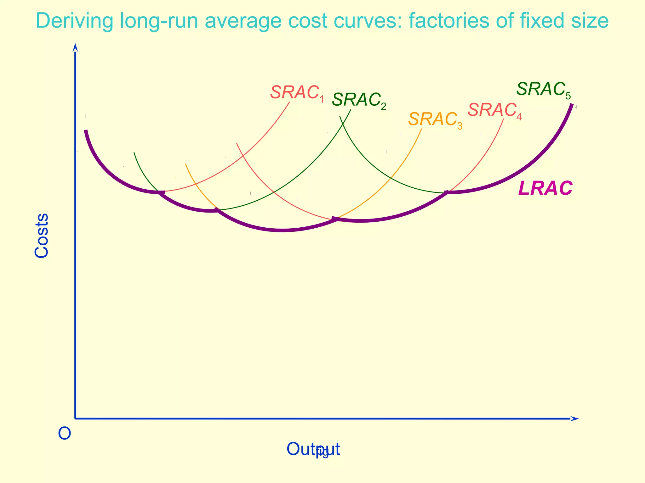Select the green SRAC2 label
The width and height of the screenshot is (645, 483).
pyautogui.click(x=358, y=101)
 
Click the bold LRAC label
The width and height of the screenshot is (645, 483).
pyautogui.click(x=545, y=189)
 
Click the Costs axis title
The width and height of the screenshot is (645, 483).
pyautogui.click(x=42, y=236)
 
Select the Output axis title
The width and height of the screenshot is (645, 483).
pyautogui.click(x=313, y=449)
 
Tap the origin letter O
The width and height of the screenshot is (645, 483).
pyautogui.click(x=65, y=434)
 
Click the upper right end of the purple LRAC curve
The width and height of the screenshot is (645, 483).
pyautogui.click(x=572, y=105)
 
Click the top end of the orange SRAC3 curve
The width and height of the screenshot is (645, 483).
pyautogui.click(x=421, y=129)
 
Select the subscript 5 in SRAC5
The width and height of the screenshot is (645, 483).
pyautogui.click(x=568, y=96)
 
